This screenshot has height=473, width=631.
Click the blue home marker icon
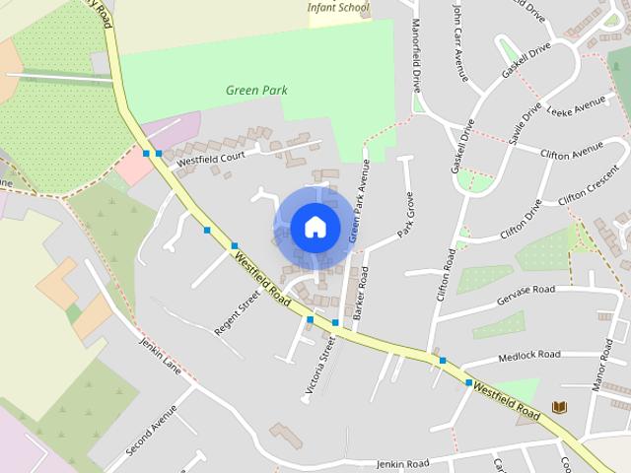click(x=315, y=227)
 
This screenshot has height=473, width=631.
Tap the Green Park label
click(x=256, y=91)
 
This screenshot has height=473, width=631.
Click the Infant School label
click(x=338, y=8)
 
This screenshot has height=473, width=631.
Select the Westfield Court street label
click(x=211, y=158)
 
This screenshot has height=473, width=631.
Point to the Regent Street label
click(x=237, y=312)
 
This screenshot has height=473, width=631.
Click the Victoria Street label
click(x=320, y=366)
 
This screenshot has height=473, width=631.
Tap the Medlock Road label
click(x=529, y=355)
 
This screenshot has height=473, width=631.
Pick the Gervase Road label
click(x=527, y=291)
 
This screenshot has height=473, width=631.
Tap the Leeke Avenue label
click(x=575, y=105)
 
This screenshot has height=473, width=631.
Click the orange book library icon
click(x=559, y=407)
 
